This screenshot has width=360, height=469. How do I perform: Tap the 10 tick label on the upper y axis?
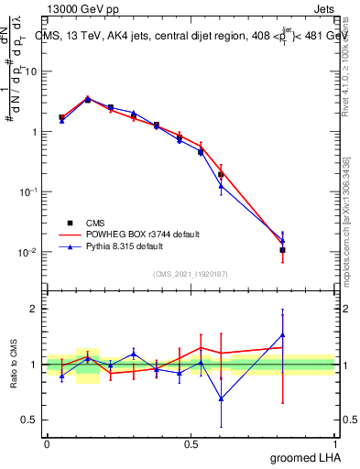coord(32,71)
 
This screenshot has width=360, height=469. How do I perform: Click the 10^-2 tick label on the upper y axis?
coord(30,252)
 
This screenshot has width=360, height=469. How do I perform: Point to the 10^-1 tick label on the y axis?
coord(30,191)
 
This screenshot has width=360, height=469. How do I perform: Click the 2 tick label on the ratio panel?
coord(37,309)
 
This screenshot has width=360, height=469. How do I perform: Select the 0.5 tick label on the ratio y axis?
coord(32,420)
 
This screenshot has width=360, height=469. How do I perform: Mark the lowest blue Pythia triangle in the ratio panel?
coord(221,398)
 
